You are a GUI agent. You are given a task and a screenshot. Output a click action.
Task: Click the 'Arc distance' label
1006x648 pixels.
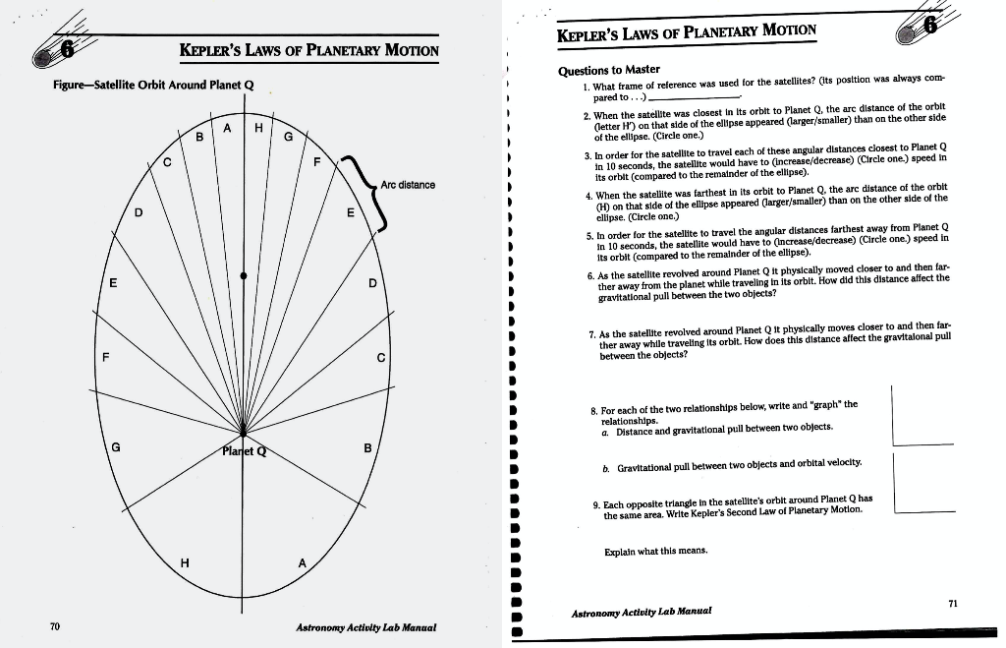(408, 185)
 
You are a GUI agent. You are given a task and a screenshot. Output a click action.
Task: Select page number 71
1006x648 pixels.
(950, 602)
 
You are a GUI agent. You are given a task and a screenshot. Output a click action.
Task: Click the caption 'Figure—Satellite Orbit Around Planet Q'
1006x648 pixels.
(153, 85)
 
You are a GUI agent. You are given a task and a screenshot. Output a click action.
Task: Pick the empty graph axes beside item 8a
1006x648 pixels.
(923, 417)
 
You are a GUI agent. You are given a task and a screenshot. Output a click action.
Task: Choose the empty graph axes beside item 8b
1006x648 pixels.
(923, 484)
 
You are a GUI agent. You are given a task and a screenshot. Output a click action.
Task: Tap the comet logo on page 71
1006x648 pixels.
(919, 26)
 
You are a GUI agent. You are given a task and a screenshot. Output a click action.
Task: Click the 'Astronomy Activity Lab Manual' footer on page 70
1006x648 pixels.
(365, 626)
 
